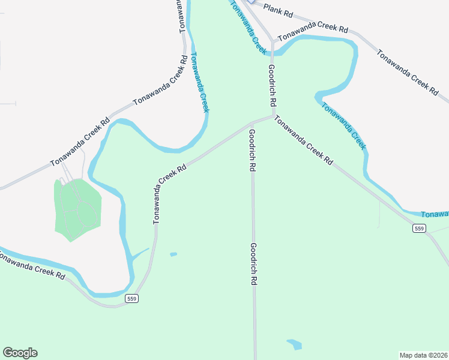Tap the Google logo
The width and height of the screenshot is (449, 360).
click(x=20, y=353)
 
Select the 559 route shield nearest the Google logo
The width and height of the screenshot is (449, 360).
click(x=132, y=298)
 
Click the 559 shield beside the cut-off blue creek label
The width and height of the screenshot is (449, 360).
click(x=419, y=228)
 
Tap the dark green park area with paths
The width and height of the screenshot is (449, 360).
click(x=77, y=206)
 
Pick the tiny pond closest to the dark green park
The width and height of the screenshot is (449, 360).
click(x=173, y=254)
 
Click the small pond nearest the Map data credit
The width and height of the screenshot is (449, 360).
click(x=294, y=344)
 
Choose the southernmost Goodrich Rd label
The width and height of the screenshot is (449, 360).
click(x=254, y=263)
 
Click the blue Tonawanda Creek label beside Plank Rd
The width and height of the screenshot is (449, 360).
click(x=248, y=27)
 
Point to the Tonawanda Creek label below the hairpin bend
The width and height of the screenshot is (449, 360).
click(x=343, y=125)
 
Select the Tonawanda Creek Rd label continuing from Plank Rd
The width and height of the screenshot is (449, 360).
click(x=313, y=29)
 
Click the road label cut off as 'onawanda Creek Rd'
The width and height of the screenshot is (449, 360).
click(x=31, y=265)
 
